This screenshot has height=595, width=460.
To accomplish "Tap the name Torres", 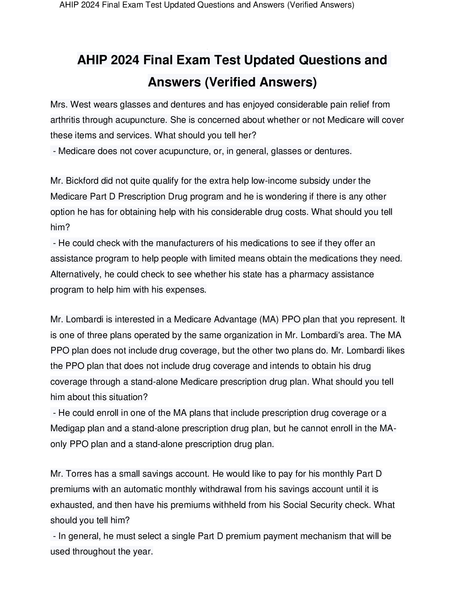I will (80, 474).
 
